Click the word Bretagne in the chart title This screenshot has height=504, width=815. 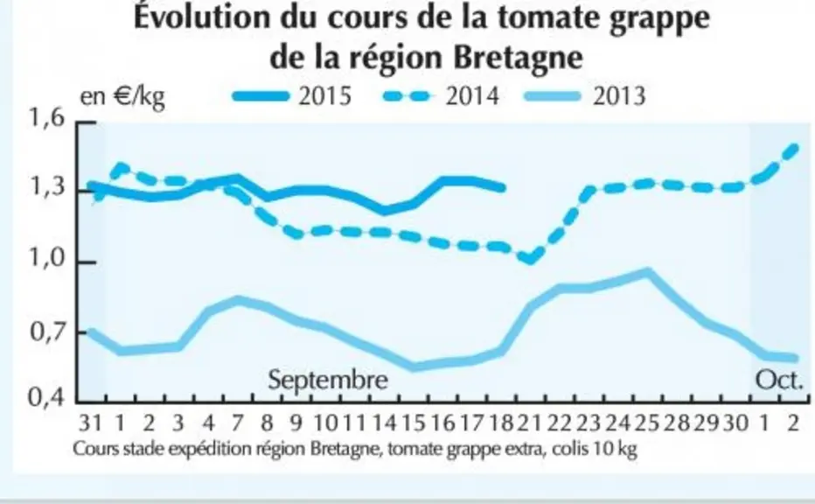click(518, 57)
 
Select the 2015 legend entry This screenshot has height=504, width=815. click(292, 96)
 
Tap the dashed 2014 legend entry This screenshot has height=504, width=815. click(441, 96)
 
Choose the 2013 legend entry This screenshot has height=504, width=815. click(586, 96)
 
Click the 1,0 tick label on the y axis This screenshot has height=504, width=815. click(46, 258)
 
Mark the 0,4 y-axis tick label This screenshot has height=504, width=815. click(46, 398)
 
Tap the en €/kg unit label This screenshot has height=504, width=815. click(122, 97)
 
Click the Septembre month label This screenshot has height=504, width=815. click(328, 380)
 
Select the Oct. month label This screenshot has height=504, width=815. click(779, 381)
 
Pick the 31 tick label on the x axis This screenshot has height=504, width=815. click(90, 423)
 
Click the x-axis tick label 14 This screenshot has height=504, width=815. click(384, 423)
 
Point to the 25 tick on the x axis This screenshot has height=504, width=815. click(647, 423)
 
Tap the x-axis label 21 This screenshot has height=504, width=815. click(530, 423)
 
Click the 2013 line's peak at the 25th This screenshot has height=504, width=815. click(647, 272)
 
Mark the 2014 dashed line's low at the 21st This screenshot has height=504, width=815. click(530, 258)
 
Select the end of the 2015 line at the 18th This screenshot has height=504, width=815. click(502, 188)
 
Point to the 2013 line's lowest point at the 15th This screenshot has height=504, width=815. click(414, 367)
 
